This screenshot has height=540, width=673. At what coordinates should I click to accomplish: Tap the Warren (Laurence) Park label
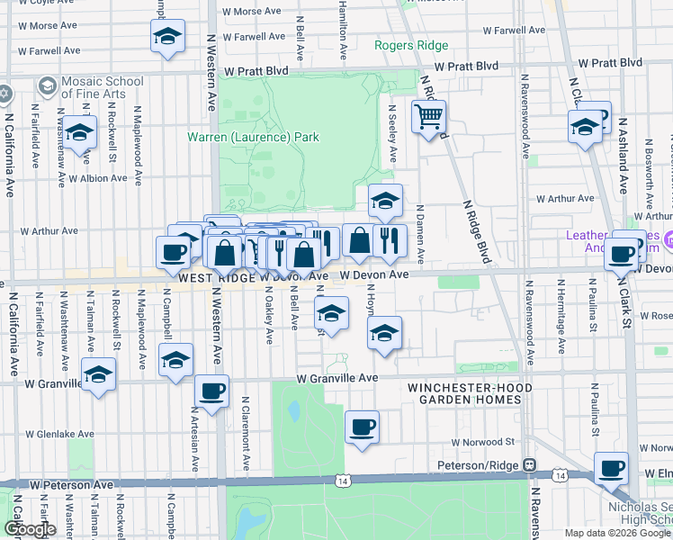click(x=253, y=138)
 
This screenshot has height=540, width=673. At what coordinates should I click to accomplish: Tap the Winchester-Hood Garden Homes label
click(x=469, y=394)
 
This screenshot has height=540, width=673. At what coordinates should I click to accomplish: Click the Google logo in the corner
click(x=30, y=529)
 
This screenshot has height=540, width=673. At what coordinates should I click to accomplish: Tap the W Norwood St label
click(x=482, y=442)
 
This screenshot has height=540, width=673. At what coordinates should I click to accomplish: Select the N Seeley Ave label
click(x=392, y=133)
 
